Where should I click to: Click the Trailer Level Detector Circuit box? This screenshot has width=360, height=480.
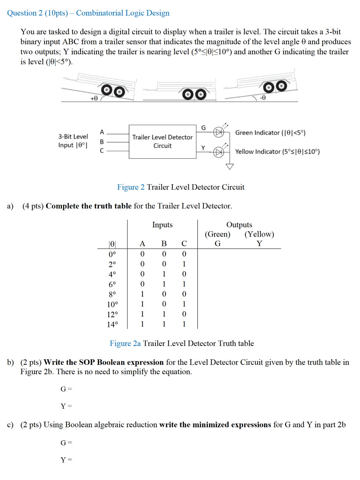point(162,141)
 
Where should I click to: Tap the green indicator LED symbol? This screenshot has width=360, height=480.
point(219,132)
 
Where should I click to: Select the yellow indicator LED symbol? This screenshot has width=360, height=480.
point(219,152)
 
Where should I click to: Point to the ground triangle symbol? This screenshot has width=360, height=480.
point(230,166)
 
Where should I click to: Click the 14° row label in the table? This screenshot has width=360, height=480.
point(112,324)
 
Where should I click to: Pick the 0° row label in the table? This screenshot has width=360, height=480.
point(112,254)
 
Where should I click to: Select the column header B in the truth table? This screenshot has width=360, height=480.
point(164,244)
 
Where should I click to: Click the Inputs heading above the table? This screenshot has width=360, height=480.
point(162,225)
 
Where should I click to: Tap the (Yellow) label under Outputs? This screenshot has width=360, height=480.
point(259,234)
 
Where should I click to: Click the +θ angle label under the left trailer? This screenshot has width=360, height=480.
point(94,98)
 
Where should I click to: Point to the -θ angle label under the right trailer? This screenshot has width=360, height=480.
point(262,98)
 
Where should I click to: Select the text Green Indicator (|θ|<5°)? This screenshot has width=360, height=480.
point(270,133)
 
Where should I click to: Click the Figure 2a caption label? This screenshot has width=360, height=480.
point(125,343)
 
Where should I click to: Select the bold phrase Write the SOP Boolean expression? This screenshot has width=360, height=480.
point(104,362)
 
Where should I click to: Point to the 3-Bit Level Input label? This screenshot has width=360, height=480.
point(73,141)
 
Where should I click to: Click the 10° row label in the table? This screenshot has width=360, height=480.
point(112,304)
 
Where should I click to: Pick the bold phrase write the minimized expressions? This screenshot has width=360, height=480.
point(215,425)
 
